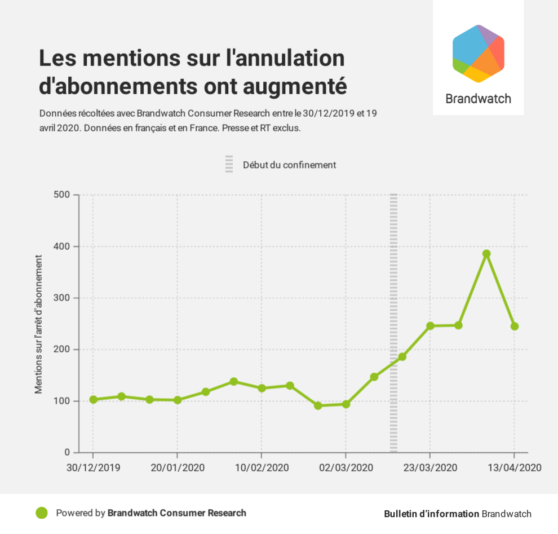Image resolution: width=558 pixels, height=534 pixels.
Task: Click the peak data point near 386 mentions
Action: (x=486, y=254)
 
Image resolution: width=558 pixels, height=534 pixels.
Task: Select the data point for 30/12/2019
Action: (x=94, y=399)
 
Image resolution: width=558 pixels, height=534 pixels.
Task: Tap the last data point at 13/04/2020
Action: (x=514, y=326)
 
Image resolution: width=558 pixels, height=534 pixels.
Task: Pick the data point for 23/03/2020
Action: (x=430, y=326)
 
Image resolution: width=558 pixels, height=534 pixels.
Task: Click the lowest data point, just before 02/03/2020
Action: (x=318, y=405)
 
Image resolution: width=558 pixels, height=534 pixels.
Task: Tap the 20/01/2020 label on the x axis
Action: (x=178, y=468)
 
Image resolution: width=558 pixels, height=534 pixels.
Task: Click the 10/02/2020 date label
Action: (x=262, y=468)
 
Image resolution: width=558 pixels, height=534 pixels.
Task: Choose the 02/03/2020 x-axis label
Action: (x=346, y=468)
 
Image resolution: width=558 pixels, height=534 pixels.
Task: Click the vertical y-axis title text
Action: (x=39, y=324)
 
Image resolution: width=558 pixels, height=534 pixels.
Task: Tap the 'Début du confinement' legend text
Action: (x=289, y=165)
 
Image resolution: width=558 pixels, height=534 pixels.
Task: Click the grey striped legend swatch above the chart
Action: (x=229, y=164)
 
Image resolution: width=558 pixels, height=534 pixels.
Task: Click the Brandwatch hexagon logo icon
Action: (x=478, y=54)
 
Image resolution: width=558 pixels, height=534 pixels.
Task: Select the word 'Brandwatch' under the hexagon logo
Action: (x=478, y=99)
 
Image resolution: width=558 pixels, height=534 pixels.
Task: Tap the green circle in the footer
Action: (x=41, y=513)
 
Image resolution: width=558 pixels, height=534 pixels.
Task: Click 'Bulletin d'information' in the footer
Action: (x=431, y=514)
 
